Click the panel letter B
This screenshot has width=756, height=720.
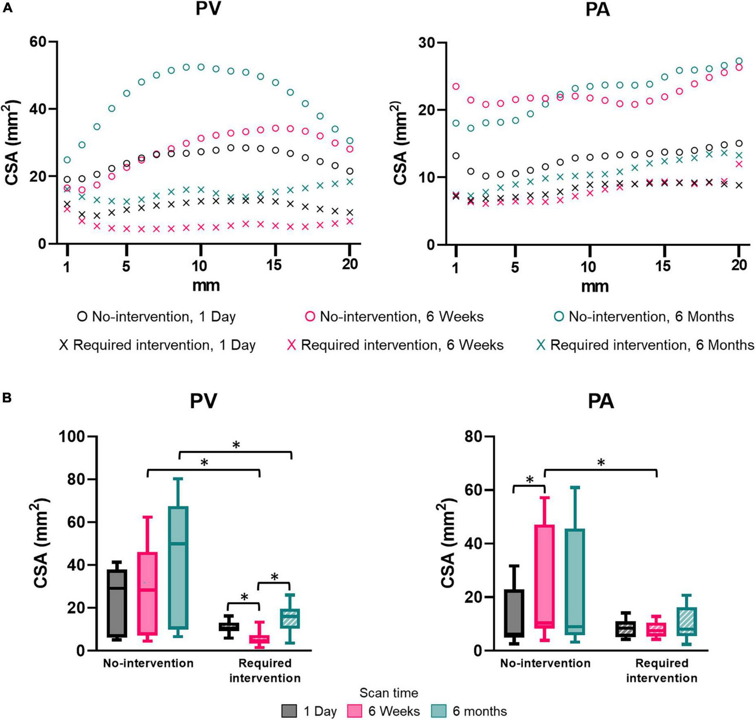click(x=7, y=398)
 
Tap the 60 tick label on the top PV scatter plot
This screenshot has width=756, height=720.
click(x=38, y=42)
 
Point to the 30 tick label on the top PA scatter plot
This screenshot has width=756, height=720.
click(x=427, y=43)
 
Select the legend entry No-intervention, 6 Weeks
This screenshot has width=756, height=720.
click(x=395, y=317)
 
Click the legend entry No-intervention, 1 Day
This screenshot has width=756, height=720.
click(x=156, y=317)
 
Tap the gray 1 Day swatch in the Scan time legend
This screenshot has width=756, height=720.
click(x=289, y=711)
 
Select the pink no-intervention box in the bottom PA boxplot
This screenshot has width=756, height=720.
click(x=545, y=576)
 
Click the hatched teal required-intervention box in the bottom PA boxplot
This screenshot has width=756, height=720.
click(x=686, y=621)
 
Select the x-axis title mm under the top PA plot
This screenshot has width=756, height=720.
click(x=595, y=286)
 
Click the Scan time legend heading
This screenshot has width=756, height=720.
click(x=388, y=692)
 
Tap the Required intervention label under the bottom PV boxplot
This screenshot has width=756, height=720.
click(x=265, y=670)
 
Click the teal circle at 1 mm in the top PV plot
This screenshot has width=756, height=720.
click(x=67, y=160)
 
